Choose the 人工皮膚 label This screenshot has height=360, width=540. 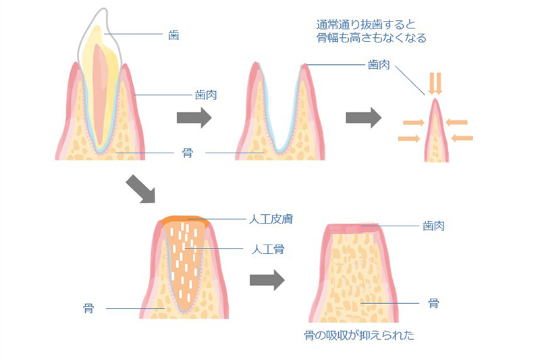(270, 220)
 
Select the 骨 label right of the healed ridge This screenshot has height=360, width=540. (433, 303)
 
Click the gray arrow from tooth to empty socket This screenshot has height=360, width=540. (194, 118)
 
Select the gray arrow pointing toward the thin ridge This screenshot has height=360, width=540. (363, 118)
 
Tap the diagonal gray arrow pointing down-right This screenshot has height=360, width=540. (141, 190)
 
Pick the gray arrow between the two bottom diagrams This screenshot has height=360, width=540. (267, 280)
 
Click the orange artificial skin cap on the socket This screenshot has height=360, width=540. (186, 220)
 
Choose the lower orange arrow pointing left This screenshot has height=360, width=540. (462, 138)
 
